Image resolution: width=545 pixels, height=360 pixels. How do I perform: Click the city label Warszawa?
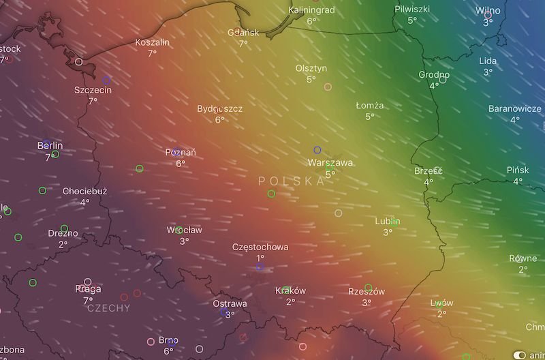coord(330,163)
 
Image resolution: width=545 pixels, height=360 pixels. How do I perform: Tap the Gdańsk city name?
coord(243,32)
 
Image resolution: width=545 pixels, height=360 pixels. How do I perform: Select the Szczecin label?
coord(93,89)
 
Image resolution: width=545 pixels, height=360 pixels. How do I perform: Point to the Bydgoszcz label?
coord(219,108)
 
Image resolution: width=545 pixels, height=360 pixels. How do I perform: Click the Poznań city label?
coord(181,152)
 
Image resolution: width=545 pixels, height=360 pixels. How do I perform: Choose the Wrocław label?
coord(184,230)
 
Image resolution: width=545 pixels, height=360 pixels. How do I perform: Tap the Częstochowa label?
coord(260,247)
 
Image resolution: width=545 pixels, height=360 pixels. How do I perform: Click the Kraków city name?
coord(290,290)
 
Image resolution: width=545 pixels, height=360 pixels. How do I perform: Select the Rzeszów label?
coord(367,291)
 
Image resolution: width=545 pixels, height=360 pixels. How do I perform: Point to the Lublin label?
coord(387,221)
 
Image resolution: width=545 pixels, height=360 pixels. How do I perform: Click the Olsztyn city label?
coord(311,68)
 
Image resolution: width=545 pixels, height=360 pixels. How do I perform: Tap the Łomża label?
coord(370,106)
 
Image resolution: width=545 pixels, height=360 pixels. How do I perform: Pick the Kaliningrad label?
coord(311,10)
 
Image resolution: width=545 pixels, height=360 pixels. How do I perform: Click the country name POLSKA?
coord(292,181)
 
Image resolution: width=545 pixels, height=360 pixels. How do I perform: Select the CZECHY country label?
coord(109,308)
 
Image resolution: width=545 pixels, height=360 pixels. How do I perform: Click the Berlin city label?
coord(50,145)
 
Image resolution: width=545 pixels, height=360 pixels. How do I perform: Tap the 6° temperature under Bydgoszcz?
coord(219,120)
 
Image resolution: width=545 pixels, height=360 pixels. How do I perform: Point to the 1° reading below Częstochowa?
coord(260,258)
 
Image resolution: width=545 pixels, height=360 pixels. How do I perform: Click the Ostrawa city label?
coord(230,303)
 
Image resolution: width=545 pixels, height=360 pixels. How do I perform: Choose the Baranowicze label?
coord(515,108)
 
